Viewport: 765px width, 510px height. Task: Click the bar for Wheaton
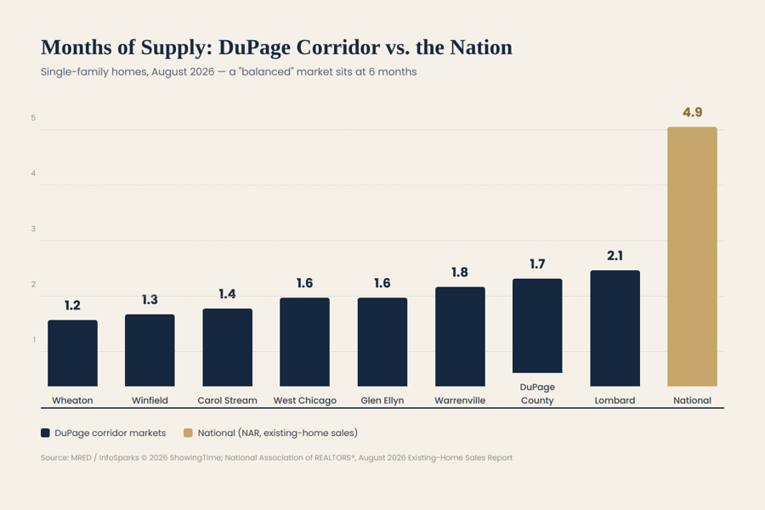click(x=72, y=353)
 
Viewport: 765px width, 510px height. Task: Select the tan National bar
click(x=692, y=257)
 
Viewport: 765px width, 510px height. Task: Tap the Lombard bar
click(x=615, y=328)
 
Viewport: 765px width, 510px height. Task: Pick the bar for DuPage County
click(x=537, y=326)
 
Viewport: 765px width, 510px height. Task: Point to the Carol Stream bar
click(x=227, y=348)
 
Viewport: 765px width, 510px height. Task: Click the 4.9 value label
click(x=692, y=112)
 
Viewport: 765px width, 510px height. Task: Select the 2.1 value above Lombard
click(x=615, y=256)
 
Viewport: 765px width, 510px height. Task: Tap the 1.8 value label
click(x=460, y=272)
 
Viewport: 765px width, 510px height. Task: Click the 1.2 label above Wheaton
click(x=72, y=305)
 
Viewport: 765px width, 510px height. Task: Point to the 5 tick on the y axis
click(x=33, y=118)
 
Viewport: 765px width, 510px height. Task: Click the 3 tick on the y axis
click(x=33, y=229)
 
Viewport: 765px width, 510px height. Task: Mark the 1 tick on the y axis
click(x=34, y=340)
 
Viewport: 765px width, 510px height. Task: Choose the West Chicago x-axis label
click(x=305, y=400)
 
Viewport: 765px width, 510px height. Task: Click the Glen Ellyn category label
click(x=382, y=400)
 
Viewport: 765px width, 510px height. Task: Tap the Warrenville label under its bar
click(x=460, y=400)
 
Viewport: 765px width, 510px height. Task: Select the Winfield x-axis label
click(x=150, y=400)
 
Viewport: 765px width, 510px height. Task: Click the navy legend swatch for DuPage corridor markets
click(x=45, y=433)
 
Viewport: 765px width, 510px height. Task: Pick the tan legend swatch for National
click(x=188, y=433)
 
